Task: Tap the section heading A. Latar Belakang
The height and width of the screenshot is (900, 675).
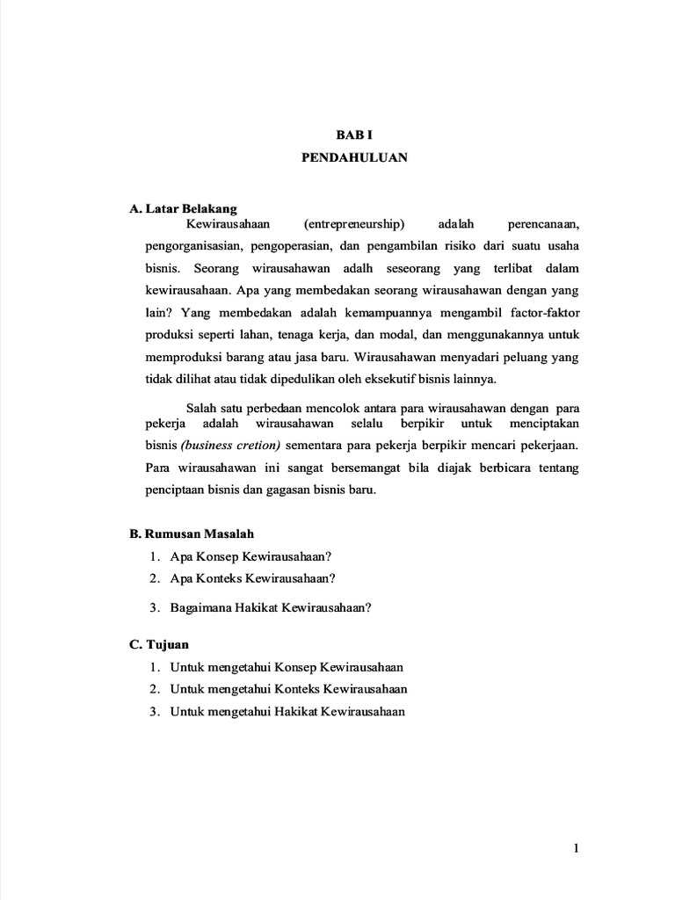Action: (x=183, y=209)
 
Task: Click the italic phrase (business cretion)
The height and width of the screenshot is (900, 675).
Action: (x=231, y=446)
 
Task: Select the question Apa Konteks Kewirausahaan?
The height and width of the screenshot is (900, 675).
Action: (x=254, y=578)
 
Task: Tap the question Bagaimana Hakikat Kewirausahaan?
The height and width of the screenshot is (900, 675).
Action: (x=272, y=607)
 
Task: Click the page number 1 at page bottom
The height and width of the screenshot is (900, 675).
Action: (x=576, y=848)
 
